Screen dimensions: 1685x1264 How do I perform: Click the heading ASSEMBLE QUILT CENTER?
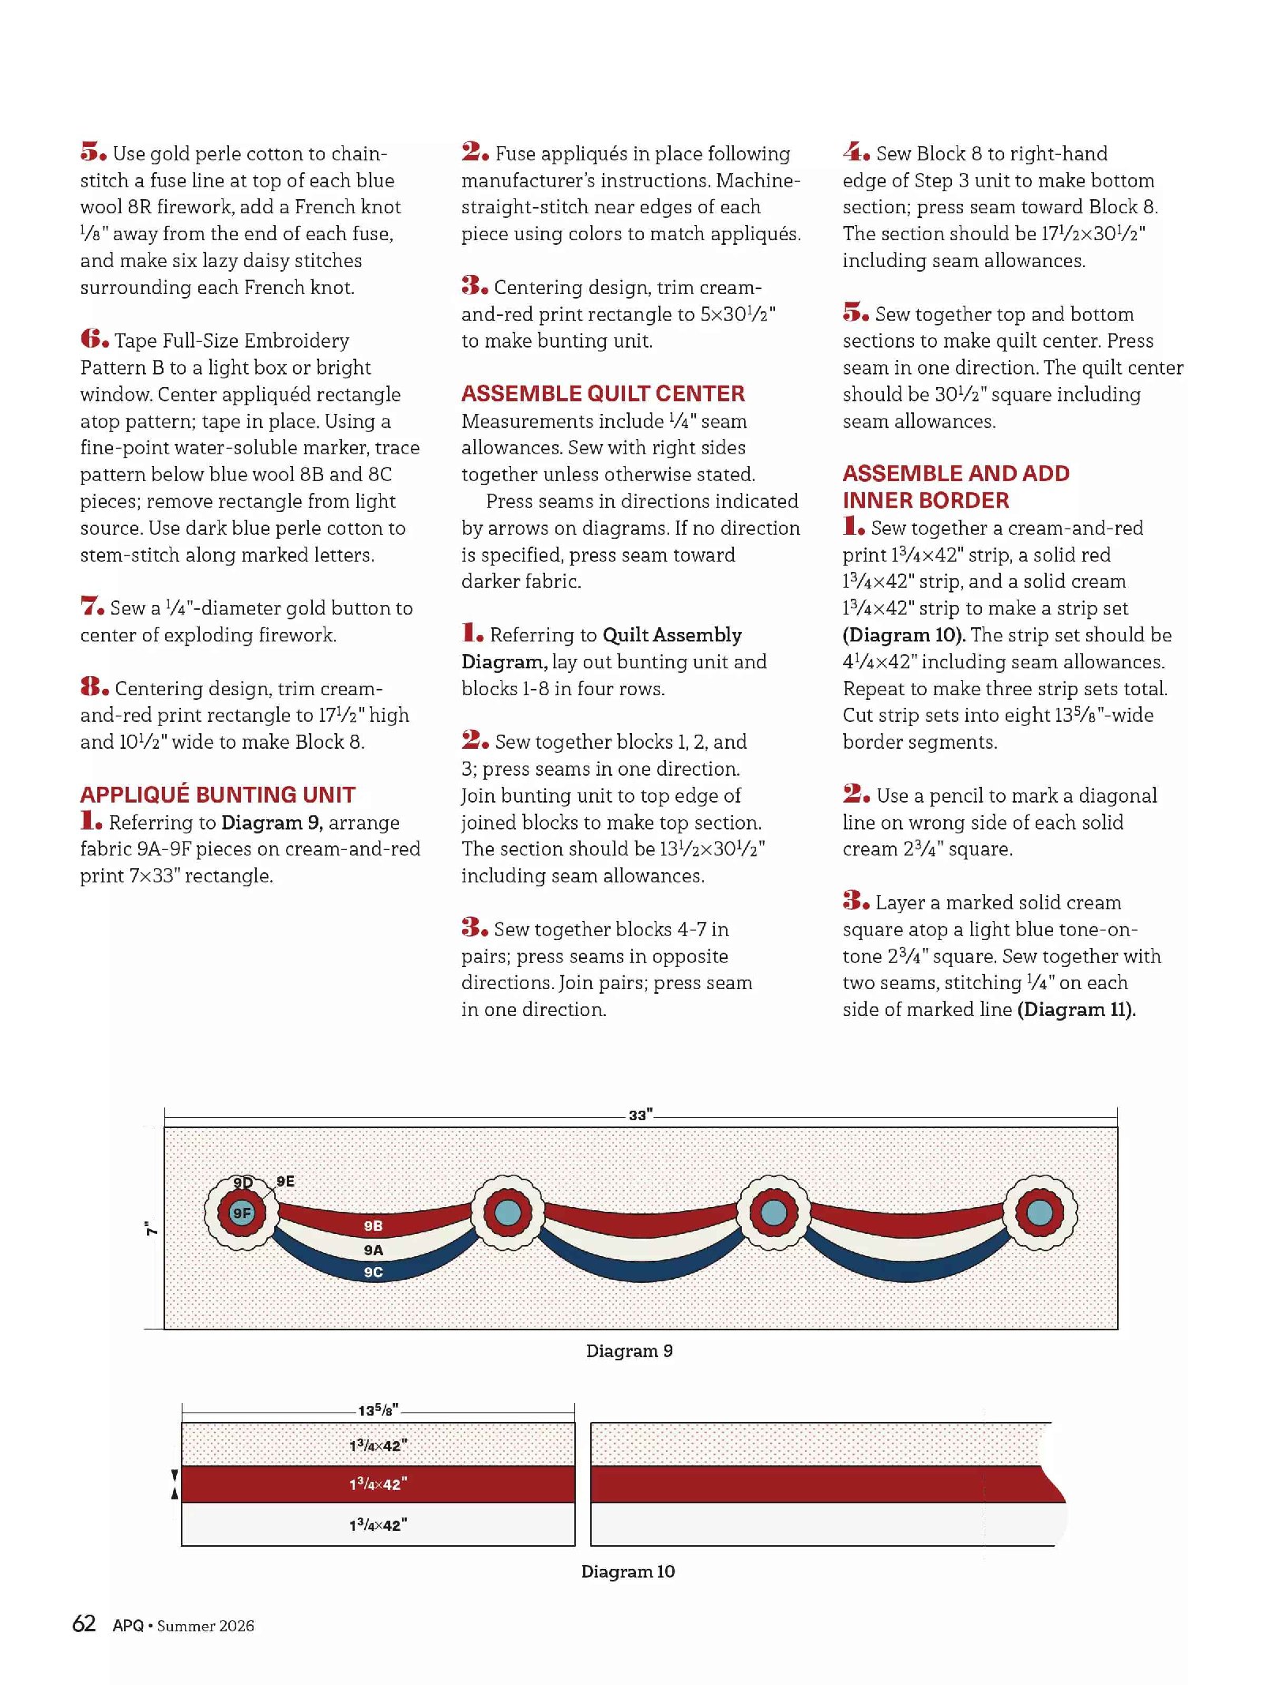click(603, 393)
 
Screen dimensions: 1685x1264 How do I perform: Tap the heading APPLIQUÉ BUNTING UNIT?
click(217, 794)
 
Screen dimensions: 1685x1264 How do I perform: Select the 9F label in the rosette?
click(242, 1213)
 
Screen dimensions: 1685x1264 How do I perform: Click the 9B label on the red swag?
click(373, 1226)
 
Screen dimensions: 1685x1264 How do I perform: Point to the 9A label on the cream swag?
click(373, 1250)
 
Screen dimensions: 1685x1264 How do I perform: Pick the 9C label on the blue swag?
click(373, 1272)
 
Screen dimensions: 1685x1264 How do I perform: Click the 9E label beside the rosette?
click(285, 1181)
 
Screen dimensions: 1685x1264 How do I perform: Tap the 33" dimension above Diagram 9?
click(640, 1115)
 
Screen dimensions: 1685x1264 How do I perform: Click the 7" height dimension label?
click(151, 1228)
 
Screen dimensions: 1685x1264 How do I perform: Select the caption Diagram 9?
click(629, 1351)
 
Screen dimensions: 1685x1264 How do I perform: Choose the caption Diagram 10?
click(628, 1571)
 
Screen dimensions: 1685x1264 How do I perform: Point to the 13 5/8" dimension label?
click(378, 1410)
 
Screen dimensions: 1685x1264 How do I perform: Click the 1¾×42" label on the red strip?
click(378, 1484)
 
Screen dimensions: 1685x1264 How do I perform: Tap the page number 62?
click(84, 1623)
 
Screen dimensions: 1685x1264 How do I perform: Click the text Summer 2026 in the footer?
click(205, 1626)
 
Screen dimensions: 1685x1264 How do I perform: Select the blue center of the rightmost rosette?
click(1039, 1212)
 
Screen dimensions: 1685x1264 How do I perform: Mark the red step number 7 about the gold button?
click(92, 606)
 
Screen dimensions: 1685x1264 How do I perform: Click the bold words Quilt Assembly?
click(672, 635)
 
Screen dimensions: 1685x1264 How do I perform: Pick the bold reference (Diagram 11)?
click(1076, 1010)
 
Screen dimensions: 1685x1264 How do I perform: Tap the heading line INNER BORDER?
click(925, 500)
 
